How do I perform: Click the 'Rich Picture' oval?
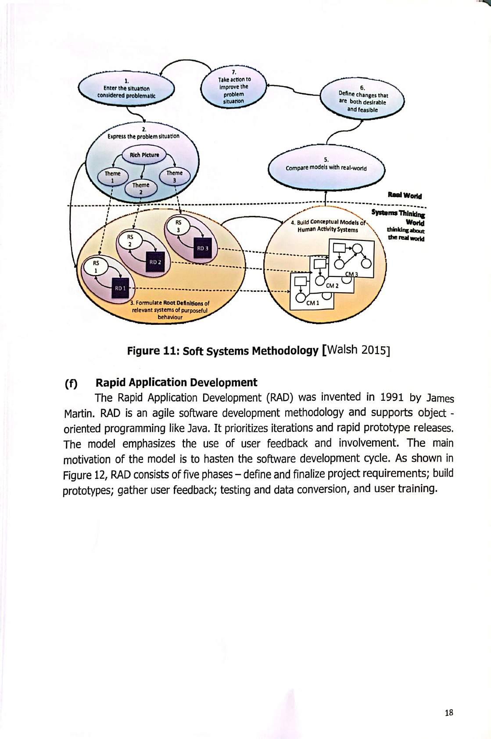(141, 155)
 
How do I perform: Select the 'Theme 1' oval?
(112, 177)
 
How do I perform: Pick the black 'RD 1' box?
(120, 288)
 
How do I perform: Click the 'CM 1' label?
(313, 303)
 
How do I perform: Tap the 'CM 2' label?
(332, 286)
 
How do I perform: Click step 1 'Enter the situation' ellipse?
(126, 89)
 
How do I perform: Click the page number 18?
(448, 713)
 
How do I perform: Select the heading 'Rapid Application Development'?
(176, 383)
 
